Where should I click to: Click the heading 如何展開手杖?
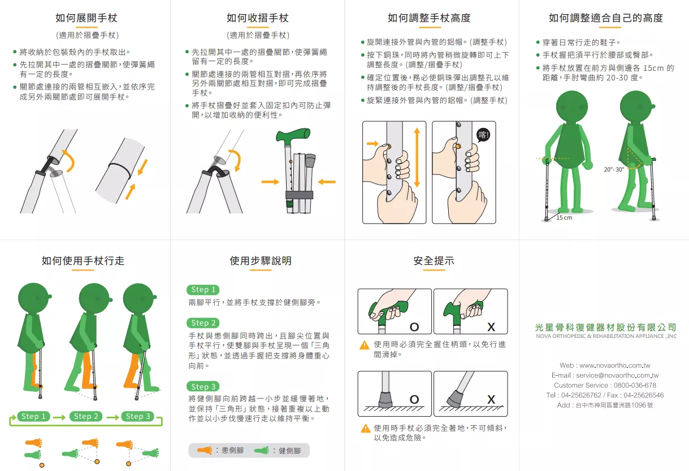pyautogui.click(x=86, y=18)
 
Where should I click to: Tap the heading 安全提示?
pyautogui.click(x=434, y=260)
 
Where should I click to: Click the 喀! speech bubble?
pyautogui.click(x=483, y=135)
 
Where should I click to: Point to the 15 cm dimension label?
pyautogui.click(x=564, y=217)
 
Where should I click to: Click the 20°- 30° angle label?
pyautogui.click(x=614, y=169)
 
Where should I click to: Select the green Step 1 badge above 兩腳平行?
pyautogui.click(x=203, y=289)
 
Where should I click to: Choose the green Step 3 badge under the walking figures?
pyautogui.click(x=138, y=417)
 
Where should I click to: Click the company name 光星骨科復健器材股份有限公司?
pyautogui.click(x=606, y=327)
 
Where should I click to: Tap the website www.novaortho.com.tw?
pyautogui.click(x=615, y=366)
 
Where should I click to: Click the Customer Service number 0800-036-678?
pyautogui.click(x=635, y=386)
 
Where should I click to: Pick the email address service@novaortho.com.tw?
pyautogui.click(x=617, y=375)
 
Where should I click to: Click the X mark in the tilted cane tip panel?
pyautogui.click(x=491, y=400)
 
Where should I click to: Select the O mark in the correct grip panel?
pyautogui.click(x=414, y=327)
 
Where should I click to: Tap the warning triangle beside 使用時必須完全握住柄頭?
pyautogui.click(x=365, y=345)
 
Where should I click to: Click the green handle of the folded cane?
pyautogui.click(x=293, y=135)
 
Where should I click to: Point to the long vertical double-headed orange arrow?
pyautogui.click(x=417, y=158)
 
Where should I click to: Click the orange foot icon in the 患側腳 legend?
pyautogui.click(x=205, y=451)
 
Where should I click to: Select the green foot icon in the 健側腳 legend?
pyautogui.click(x=262, y=451)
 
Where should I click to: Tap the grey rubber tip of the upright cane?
pyautogui.click(x=385, y=400)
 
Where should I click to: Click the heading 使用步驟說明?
pyautogui.click(x=261, y=260)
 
